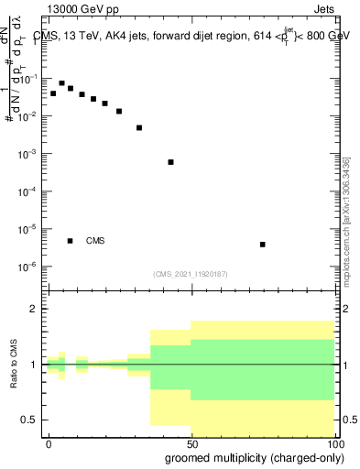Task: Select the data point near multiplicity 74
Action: click(x=263, y=245)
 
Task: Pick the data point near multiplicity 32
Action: click(x=139, y=127)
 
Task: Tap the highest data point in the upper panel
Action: click(x=61, y=82)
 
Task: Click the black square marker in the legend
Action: click(x=70, y=241)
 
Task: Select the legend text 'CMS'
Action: click(x=95, y=241)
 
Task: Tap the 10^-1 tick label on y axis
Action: click(x=28, y=79)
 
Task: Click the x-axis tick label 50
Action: click(x=191, y=442)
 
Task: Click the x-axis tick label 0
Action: click(x=49, y=442)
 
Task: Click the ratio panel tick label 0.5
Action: click(x=29, y=420)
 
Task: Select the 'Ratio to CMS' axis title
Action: click(x=14, y=364)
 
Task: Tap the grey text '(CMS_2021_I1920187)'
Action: click(x=191, y=273)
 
